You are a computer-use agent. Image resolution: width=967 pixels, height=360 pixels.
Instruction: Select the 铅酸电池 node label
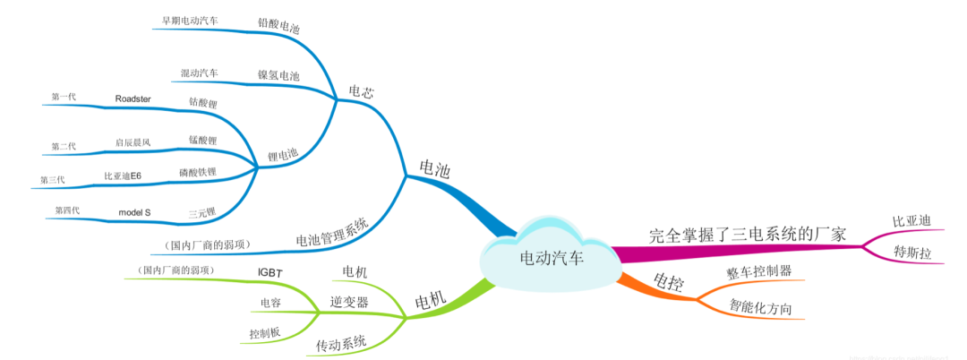(x=278, y=25)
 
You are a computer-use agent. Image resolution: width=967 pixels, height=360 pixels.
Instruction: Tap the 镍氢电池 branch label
(x=278, y=75)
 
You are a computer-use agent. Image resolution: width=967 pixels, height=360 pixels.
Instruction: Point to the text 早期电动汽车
(x=190, y=19)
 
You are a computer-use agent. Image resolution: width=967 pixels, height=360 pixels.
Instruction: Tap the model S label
(x=135, y=211)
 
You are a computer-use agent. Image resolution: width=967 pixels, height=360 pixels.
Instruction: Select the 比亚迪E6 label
(x=123, y=176)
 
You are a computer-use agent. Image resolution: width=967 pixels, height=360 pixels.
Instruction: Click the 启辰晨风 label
(x=133, y=141)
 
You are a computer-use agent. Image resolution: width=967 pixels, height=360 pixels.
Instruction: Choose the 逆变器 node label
(x=349, y=302)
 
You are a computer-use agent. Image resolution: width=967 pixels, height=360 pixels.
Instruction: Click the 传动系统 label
(x=341, y=342)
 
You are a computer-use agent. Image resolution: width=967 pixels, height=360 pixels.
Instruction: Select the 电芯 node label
(x=362, y=90)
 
